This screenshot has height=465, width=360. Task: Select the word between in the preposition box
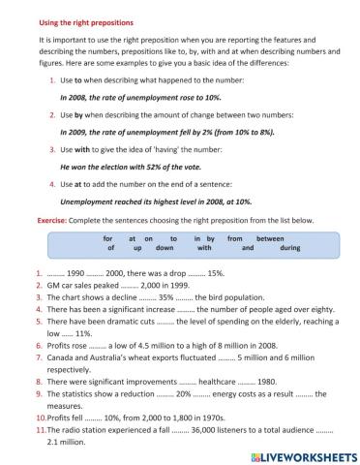pos(270,237)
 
